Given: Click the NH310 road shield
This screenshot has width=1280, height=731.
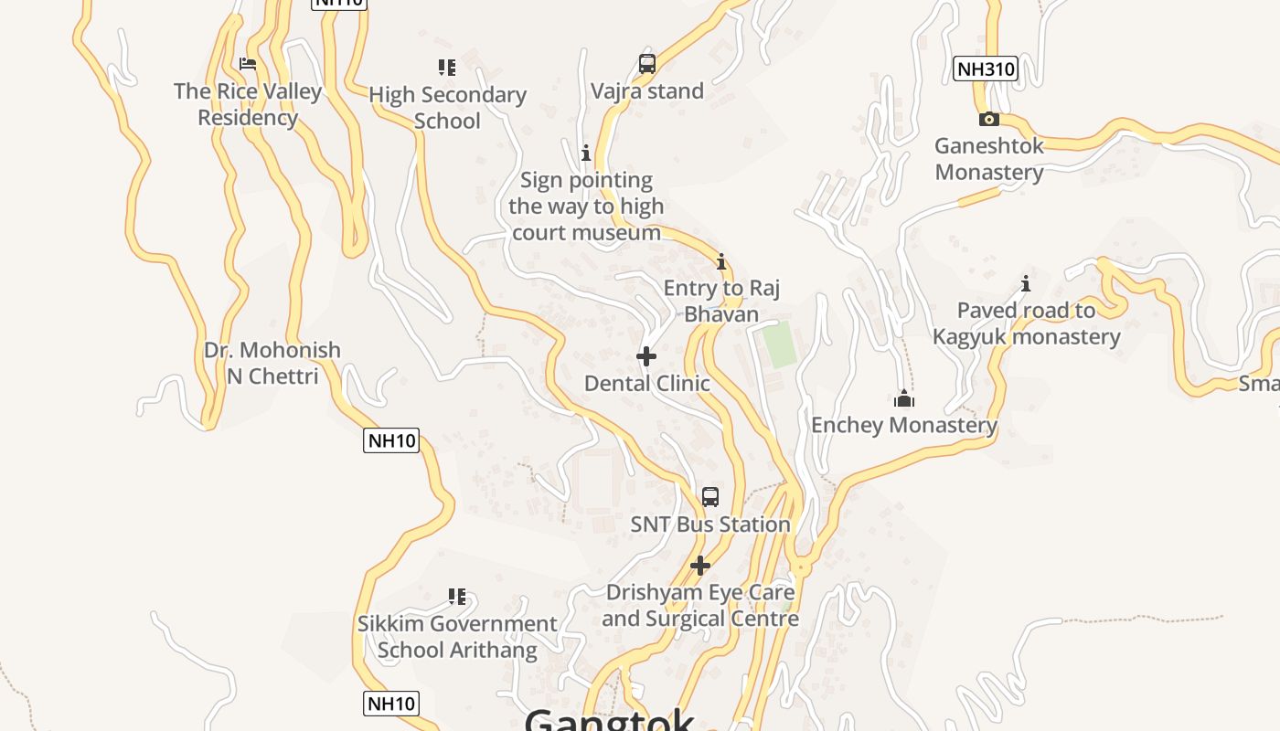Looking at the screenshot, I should pos(985,69).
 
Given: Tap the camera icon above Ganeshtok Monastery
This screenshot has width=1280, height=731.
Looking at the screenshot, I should pos(988,119).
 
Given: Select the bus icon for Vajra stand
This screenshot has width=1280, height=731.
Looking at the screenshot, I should pos(647,64).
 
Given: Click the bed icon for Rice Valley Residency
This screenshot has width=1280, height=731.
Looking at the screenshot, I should pos(247,64).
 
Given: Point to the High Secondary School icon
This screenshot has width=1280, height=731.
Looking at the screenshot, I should pos(447,67).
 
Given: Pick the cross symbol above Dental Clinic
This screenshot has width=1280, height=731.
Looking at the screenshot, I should pos(646,355).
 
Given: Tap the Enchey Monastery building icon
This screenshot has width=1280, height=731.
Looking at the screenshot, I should pos(904,398).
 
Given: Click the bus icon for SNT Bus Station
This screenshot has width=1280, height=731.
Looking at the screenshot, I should pos(710,497).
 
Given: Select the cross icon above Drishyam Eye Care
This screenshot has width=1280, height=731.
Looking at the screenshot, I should pos(700,566).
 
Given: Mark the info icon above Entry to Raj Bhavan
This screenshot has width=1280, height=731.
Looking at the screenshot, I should pos(721,262).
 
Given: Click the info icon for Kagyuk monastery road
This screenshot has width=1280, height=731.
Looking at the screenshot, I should pos(1026,283).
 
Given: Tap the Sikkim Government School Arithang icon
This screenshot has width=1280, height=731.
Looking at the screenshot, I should pos(457,597).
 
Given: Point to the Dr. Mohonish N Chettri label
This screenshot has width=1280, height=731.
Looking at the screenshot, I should pos(272,363).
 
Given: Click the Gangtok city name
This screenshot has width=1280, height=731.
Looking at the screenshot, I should pos(610,719).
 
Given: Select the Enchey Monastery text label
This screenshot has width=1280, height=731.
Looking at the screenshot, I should pos(904,425).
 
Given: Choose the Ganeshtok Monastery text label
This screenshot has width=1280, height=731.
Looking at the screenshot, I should pos(989,159).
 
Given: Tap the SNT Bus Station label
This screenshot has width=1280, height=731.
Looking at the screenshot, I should pos(710,524).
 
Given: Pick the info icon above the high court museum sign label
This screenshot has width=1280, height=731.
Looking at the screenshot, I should pos(586,153).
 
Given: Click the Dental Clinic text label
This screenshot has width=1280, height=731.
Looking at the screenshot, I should pos(647,383).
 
